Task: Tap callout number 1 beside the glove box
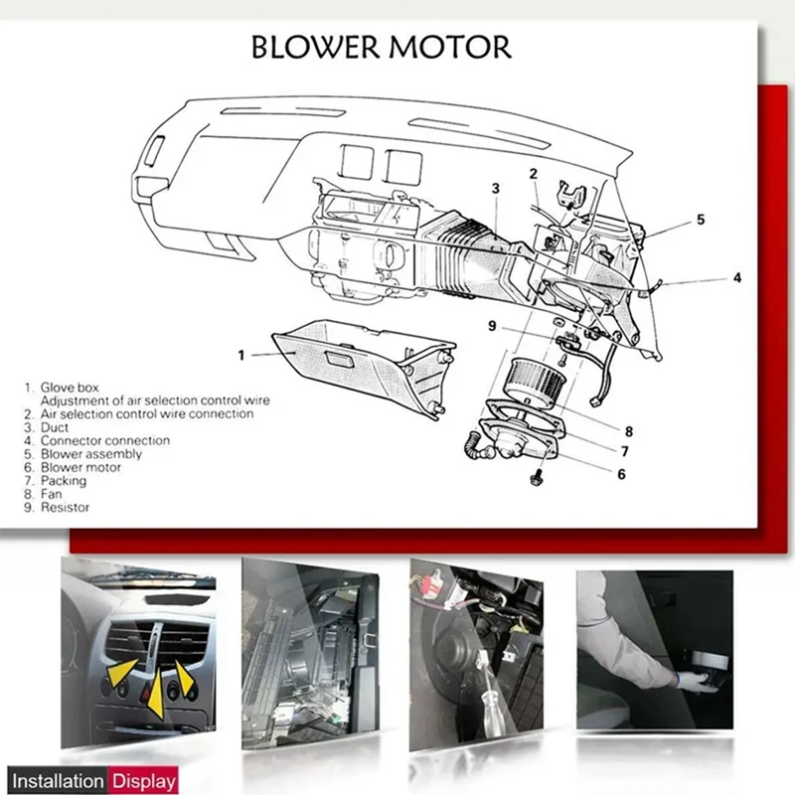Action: (240, 354)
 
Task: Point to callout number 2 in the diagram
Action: (534, 174)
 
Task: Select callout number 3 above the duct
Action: (495, 188)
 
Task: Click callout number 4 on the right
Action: (736, 278)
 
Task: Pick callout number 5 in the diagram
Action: (701, 219)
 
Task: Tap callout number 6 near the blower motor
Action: (621, 474)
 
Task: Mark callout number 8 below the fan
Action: (628, 430)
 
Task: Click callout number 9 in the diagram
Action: (491, 325)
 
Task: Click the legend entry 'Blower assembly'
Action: (90, 453)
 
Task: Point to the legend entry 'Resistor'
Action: (65, 507)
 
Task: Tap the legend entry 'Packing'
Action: (63, 480)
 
